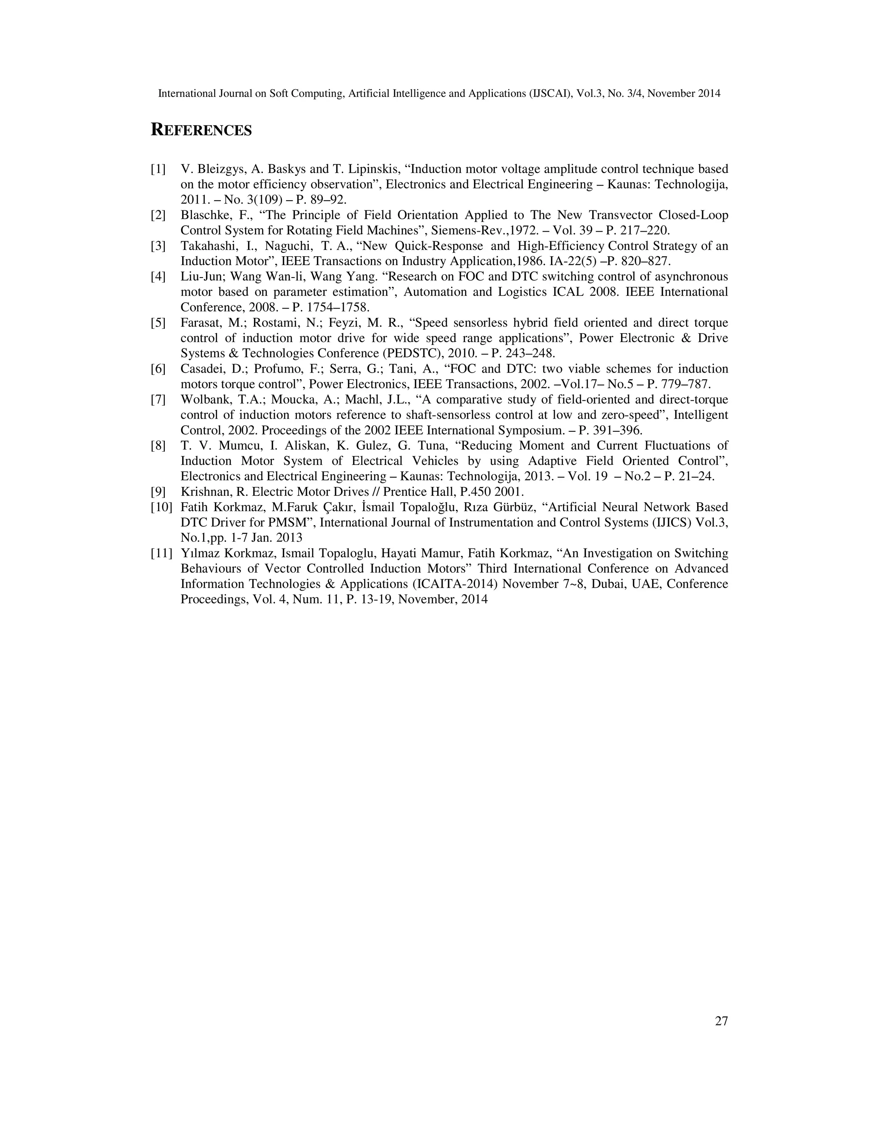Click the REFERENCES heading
[x=201, y=130]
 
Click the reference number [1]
[x=158, y=169]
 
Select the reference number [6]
[x=158, y=369]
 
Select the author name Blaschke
[x=205, y=215]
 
